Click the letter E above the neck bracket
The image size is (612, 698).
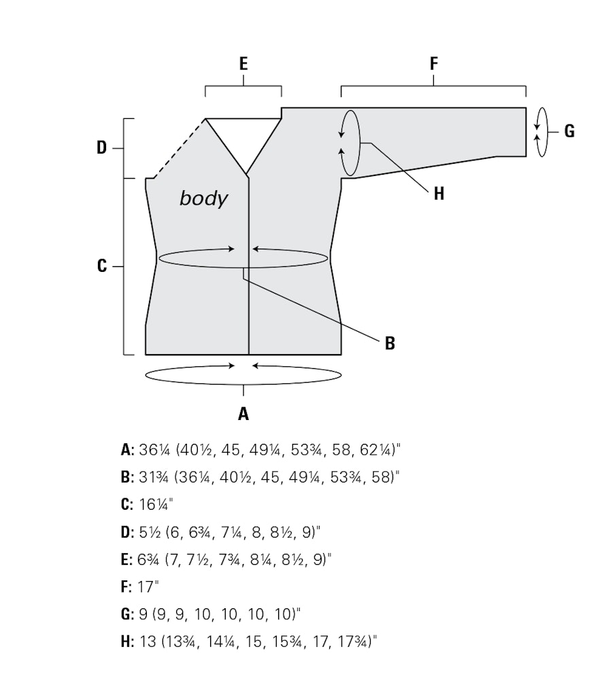[243, 64]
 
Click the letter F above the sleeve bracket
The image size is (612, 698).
[434, 64]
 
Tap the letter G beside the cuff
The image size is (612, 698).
[569, 131]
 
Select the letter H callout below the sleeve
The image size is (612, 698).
[439, 194]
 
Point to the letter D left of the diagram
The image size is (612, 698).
[102, 147]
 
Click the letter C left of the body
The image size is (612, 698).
[102, 266]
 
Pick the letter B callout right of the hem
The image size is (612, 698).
[390, 343]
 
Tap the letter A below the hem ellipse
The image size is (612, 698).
[243, 414]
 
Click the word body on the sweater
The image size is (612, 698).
[203, 198]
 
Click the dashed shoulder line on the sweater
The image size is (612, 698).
[179, 148]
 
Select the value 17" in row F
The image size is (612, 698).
[148, 587]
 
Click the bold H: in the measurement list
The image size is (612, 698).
[127, 642]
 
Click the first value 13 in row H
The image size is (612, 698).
[148, 642]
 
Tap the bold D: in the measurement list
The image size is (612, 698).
[127, 532]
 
